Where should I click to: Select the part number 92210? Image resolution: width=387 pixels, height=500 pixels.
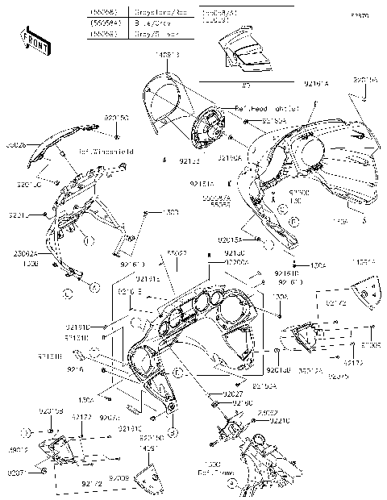click(281, 420)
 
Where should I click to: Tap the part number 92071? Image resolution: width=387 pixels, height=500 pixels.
click(15, 472)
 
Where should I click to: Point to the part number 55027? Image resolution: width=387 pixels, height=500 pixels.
click(177, 252)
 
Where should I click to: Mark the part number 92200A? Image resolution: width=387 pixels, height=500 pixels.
click(235, 262)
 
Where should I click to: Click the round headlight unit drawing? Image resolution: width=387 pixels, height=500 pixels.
click(211, 129)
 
